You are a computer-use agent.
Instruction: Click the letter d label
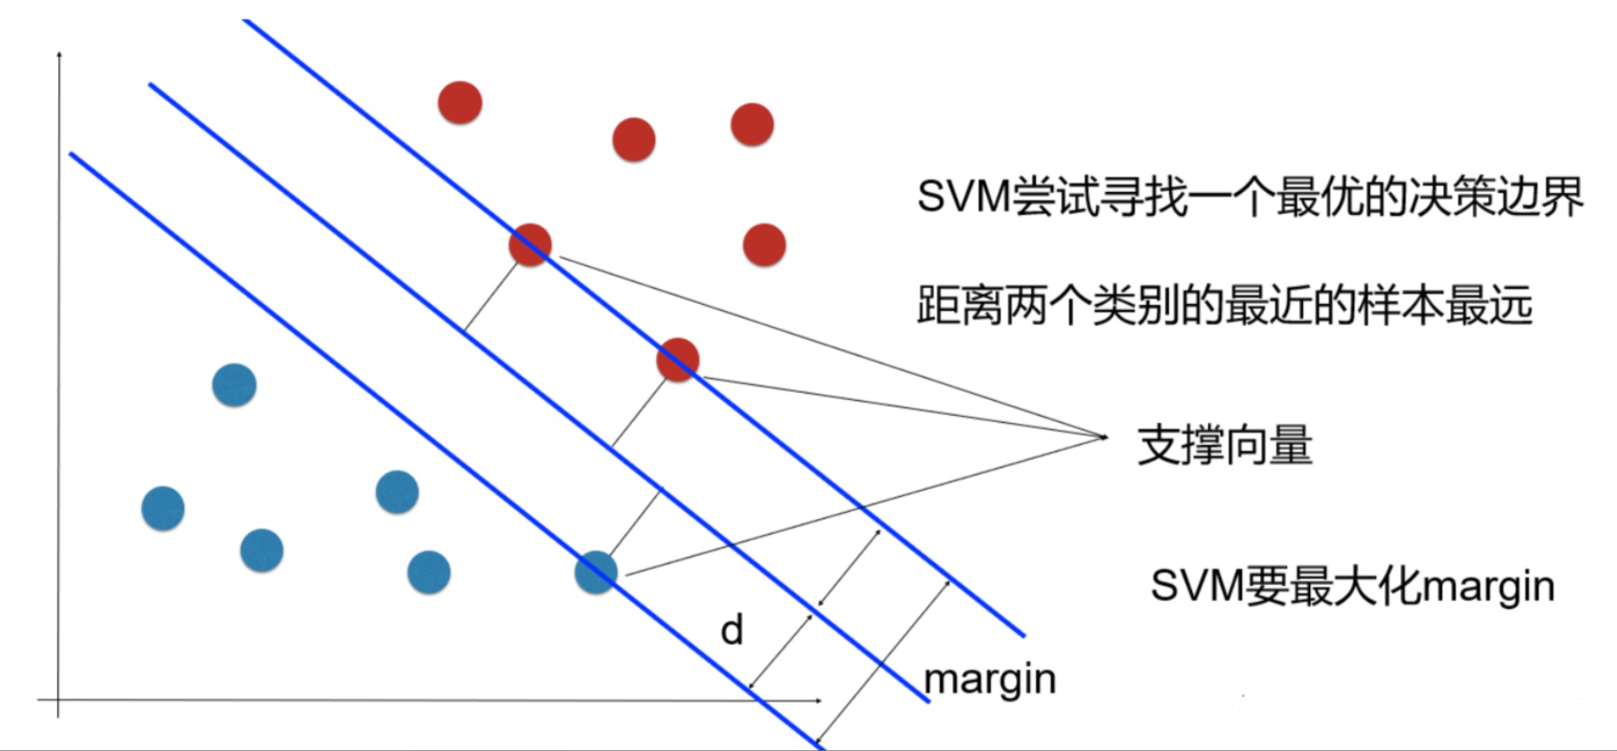(732, 630)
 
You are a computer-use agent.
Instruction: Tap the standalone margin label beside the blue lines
(989, 680)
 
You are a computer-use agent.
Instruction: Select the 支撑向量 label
(1224, 445)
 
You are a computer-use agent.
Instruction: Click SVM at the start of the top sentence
(963, 196)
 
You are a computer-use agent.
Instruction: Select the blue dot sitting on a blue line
(596, 572)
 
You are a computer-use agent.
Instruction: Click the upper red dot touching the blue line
(530, 245)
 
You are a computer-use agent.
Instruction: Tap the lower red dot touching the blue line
(677, 360)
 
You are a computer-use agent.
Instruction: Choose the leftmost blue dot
(163, 509)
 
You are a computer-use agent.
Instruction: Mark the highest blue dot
(235, 385)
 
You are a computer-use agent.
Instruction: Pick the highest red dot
(460, 102)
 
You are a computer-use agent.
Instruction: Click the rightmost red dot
(764, 245)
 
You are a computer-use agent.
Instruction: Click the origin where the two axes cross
(59, 701)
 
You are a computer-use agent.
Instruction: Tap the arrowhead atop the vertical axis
(59, 55)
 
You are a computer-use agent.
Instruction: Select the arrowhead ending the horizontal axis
(818, 701)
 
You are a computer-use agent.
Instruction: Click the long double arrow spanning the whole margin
(882, 661)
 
